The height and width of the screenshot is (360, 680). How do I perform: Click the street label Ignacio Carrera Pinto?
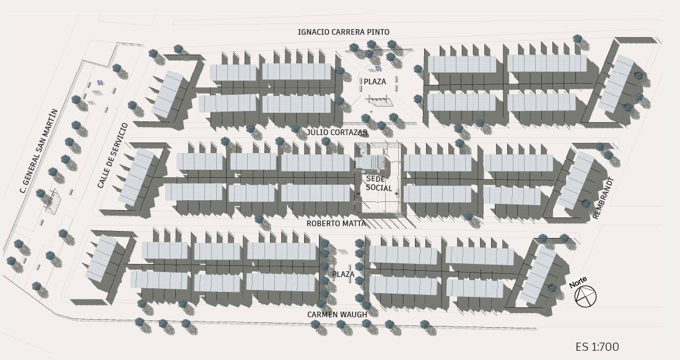(x=343, y=32)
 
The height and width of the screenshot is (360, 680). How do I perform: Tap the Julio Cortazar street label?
(x=337, y=133)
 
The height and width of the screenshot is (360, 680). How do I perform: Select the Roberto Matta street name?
(x=336, y=224)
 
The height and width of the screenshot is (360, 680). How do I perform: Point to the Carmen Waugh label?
(x=337, y=315)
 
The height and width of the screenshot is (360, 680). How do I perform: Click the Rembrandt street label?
(x=603, y=198)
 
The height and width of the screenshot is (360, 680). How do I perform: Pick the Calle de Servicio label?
(x=113, y=156)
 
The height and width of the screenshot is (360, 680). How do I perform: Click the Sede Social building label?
(x=379, y=183)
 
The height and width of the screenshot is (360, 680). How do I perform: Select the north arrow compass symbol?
(x=585, y=297)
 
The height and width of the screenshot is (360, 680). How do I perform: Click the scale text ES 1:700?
(x=597, y=347)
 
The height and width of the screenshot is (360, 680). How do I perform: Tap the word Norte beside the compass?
(x=578, y=282)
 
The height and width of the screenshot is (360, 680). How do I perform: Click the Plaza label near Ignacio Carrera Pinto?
(x=375, y=82)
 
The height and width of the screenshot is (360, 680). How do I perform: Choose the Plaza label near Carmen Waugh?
(x=343, y=274)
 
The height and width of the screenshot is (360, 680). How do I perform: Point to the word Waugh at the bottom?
(x=355, y=315)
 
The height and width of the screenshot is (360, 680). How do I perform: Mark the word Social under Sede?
(x=379, y=187)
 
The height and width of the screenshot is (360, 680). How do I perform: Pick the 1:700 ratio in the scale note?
(x=605, y=347)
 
